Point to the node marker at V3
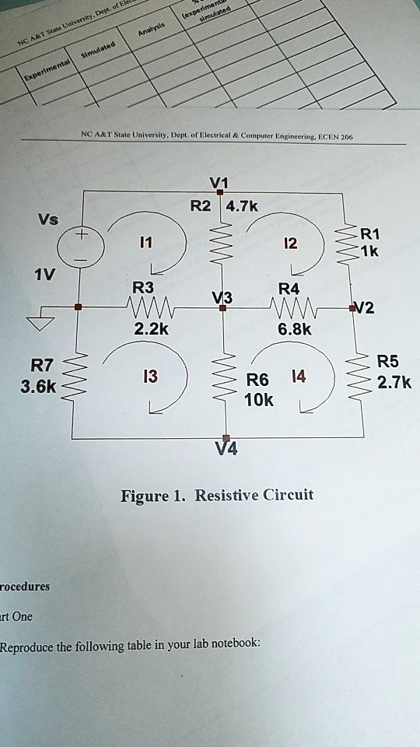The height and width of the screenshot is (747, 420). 222,309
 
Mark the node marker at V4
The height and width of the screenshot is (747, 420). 226,440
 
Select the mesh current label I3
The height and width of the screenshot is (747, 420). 150,377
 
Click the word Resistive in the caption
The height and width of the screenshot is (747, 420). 232,495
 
